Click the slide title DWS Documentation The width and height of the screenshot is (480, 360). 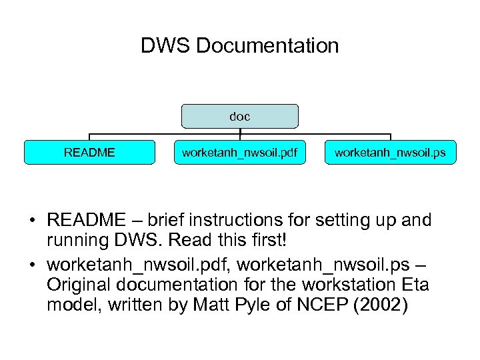(239, 46)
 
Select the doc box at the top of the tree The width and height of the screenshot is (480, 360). (240, 116)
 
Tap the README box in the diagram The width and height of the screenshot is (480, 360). (89, 153)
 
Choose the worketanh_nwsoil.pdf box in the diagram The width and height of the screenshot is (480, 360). (240, 153)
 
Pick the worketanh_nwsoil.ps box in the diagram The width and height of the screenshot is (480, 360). (390, 153)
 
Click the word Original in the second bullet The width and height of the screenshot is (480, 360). (81, 285)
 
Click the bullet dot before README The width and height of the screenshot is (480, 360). (31, 221)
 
